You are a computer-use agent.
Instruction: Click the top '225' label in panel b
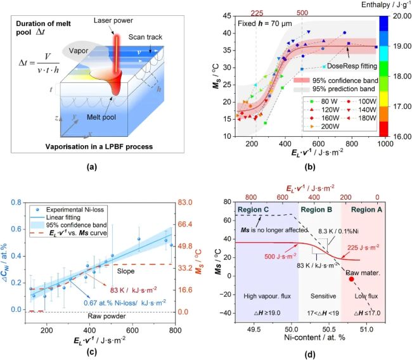click(256, 12)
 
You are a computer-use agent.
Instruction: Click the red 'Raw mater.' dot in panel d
click(352, 279)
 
